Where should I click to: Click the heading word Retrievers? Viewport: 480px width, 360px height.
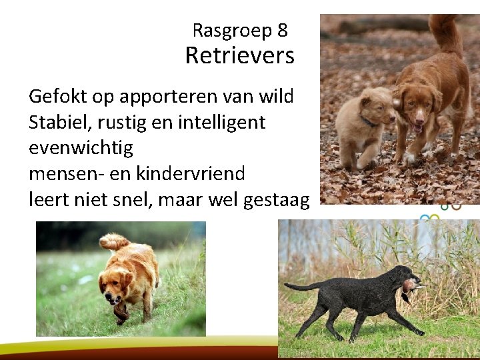click(x=239, y=56)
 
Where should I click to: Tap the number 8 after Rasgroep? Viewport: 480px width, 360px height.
click(x=283, y=30)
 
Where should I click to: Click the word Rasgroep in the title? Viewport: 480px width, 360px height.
click(x=231, y=31)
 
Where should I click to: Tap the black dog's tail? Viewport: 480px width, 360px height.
click(x=303, y=287)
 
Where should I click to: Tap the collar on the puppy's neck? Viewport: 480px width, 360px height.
click(x=367, y=122)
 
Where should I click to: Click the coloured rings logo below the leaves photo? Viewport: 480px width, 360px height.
click(x=441, y=212)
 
